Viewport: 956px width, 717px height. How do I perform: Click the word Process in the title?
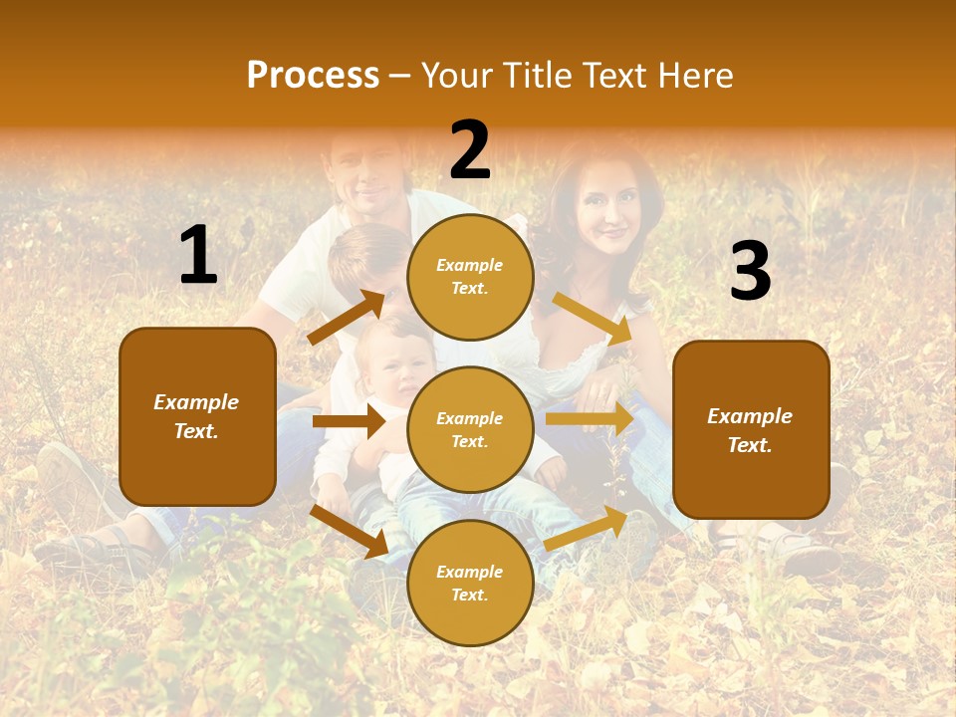(313, 75)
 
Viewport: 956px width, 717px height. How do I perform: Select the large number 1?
(198, 256)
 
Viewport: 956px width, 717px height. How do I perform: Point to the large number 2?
(470, 150)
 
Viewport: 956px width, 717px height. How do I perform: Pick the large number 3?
(750, 272)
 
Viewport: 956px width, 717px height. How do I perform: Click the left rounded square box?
(197, 416)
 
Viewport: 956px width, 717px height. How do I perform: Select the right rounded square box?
(751, 429)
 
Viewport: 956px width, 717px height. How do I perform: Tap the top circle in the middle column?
(470, 277)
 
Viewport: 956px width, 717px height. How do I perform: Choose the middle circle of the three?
(470, 429)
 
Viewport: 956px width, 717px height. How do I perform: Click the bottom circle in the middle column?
(470, 583)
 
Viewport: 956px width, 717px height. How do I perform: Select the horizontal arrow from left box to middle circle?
(349, 421)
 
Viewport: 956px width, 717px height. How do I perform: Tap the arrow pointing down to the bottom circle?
(350, 531)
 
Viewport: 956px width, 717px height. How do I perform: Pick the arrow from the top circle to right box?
(594, 318)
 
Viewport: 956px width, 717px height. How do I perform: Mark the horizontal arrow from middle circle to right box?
(590, 419)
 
